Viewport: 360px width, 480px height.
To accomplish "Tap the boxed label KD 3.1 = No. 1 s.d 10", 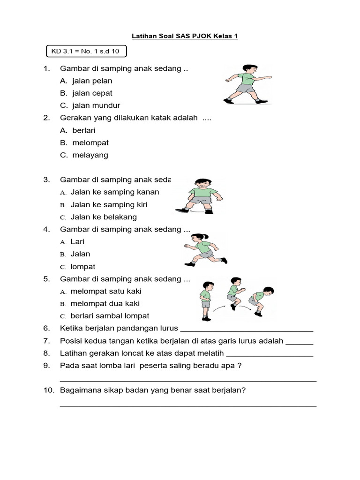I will (x=86, y=51).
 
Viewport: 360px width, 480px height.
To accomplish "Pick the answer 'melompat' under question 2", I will (x=90, y=142).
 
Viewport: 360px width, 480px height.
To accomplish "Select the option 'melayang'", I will (x=90, y=155).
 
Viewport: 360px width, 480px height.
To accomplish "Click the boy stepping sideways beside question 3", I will (x=196, y=196).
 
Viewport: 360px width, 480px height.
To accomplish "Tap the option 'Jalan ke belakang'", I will (x=104, y=217).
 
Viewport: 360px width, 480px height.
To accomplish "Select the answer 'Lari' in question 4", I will (x=77, y=242).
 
